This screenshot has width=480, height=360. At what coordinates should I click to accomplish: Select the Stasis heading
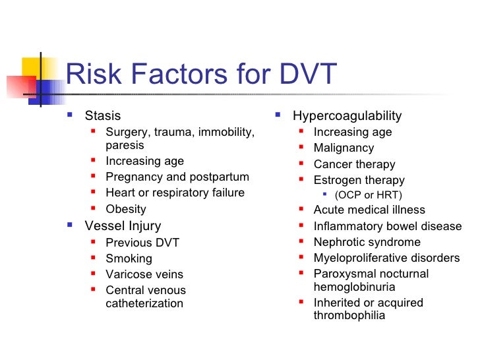103,116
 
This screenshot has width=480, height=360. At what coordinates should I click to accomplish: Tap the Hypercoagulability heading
347,116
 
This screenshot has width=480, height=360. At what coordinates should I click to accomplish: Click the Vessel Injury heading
123,226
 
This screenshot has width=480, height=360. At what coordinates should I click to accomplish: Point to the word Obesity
126,209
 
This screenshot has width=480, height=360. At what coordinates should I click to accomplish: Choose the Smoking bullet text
129,258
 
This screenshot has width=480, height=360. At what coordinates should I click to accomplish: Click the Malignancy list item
344,148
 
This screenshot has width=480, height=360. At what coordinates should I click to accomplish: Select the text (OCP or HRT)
368,195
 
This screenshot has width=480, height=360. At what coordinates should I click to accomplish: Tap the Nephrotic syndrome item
367,242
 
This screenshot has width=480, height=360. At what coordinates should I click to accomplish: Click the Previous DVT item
142,243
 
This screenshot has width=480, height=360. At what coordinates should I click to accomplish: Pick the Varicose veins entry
144,274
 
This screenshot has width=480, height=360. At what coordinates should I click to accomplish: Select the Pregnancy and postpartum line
177,177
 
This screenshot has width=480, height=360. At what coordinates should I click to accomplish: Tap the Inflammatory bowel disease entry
388,226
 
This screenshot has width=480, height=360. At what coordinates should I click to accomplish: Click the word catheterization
144,303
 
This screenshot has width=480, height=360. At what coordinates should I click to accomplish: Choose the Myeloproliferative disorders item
386,258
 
